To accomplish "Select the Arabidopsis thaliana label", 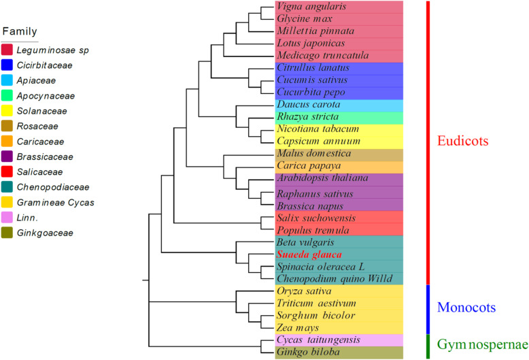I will [322, 178].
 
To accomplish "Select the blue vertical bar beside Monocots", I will [427, 308].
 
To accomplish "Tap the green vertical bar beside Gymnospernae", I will [427, 346].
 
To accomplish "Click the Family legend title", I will [20, 31].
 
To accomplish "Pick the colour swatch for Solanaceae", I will [9, 111].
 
